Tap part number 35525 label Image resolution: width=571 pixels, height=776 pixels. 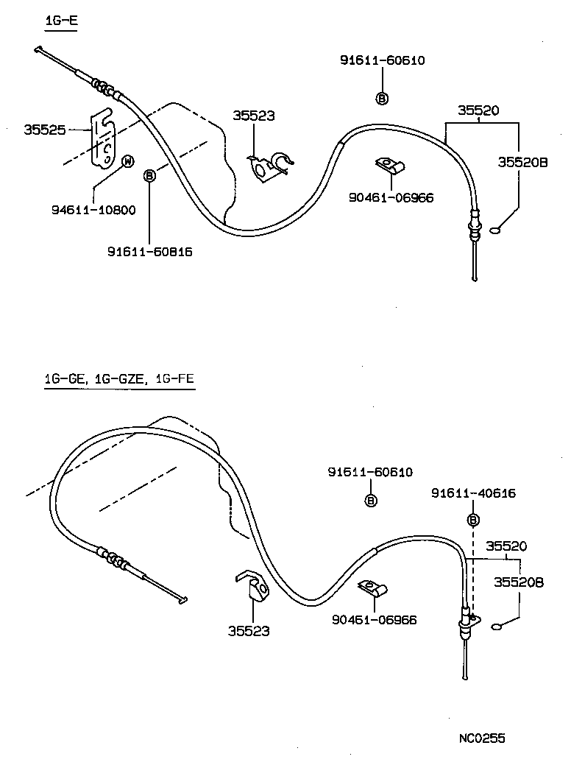point(45,129)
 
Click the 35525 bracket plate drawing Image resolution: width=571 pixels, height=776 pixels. point(103,140)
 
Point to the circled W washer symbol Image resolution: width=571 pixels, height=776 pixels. point(127,161)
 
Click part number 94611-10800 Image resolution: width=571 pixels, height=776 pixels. point(93,210)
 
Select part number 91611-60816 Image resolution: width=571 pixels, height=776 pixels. point(150,251)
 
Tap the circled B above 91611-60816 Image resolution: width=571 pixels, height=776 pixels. point(149,175)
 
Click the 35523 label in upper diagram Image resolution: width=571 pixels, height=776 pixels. point(254,116)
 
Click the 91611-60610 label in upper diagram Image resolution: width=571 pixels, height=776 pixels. point(382,60)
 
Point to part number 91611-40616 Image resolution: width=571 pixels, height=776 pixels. point(473,493)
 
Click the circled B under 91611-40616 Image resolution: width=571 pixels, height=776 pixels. point(473,520)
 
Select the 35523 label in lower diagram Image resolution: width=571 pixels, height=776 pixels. point(249,630)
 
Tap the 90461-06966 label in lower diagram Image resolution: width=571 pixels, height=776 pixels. point(375,620)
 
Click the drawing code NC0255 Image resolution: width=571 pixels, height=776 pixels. point(481,737)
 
